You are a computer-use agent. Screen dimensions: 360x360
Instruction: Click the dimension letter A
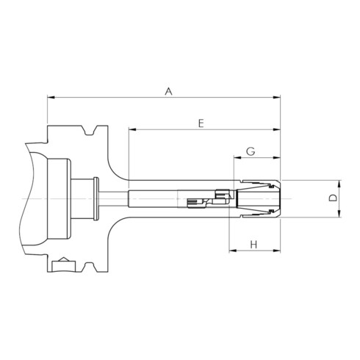(x=168, y=91)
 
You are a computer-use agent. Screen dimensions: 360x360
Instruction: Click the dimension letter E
(x=201, y=123)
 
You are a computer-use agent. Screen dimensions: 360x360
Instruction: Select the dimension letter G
(x=251, y=151)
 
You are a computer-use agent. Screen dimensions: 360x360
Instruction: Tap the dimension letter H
(x=253, y=245)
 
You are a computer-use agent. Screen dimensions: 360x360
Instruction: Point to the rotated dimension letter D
(x=333, y=198)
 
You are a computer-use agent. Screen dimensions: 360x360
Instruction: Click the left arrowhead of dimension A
(x=51, y=98)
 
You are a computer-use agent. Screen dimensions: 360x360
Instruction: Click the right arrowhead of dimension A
(x=277, y=98)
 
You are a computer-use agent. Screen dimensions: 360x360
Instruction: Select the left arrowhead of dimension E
(x=132, y=129)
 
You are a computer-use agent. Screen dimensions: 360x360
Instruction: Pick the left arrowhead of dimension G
(x=238, y=158)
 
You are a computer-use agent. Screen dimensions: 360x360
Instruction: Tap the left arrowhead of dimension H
(x=233, y=251)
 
